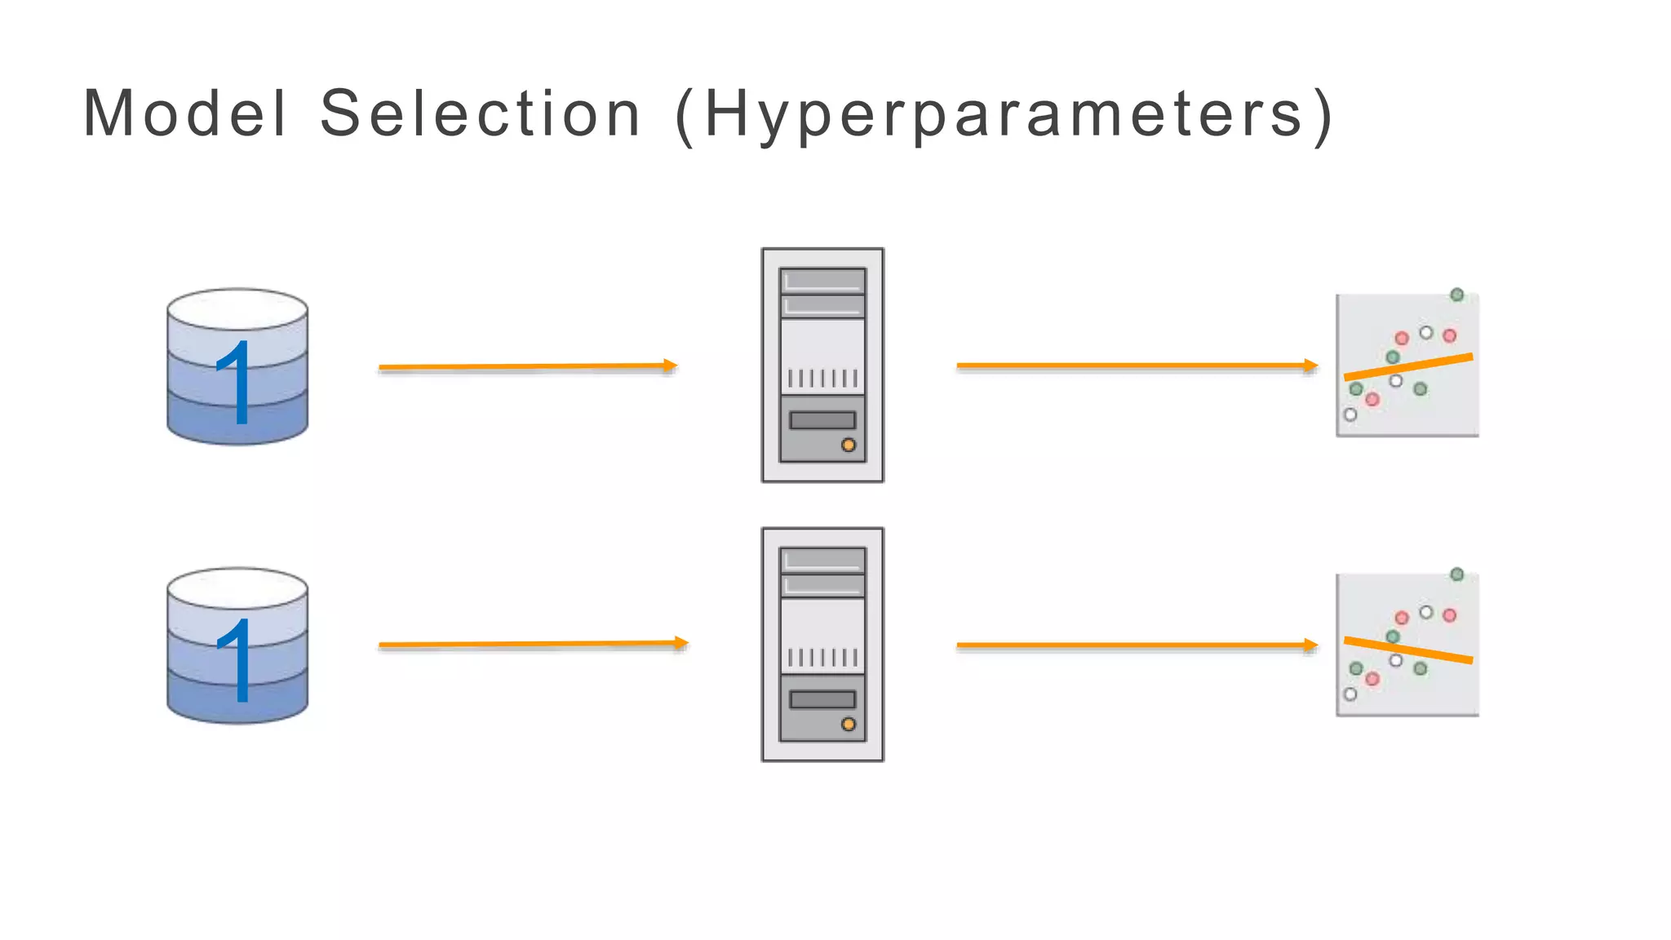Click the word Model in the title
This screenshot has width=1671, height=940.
point(185,113)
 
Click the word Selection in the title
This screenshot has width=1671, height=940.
point(480,113)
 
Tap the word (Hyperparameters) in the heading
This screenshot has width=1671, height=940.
point(1005,115)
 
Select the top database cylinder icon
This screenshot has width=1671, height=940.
point(237,366)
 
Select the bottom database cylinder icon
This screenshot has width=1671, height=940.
point(237,645)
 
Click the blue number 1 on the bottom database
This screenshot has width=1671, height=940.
point(235,660)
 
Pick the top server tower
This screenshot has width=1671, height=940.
point(822,365)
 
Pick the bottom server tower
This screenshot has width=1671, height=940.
point(822,645)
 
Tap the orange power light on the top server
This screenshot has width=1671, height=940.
point(849,445)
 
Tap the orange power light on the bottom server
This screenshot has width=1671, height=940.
point(849,724)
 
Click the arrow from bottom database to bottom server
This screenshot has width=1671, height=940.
point(533,645)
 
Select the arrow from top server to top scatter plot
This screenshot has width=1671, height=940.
point(1137,366)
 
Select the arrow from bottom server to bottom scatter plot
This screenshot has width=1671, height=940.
point(1137,645)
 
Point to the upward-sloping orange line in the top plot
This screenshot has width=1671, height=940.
point(1408,366)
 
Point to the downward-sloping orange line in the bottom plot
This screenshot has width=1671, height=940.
point(1408,650)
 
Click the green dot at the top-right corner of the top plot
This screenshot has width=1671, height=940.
point(1456,295)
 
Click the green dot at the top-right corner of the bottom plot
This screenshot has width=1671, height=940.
point(1456,574)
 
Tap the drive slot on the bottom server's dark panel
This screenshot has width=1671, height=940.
point(822,699)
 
